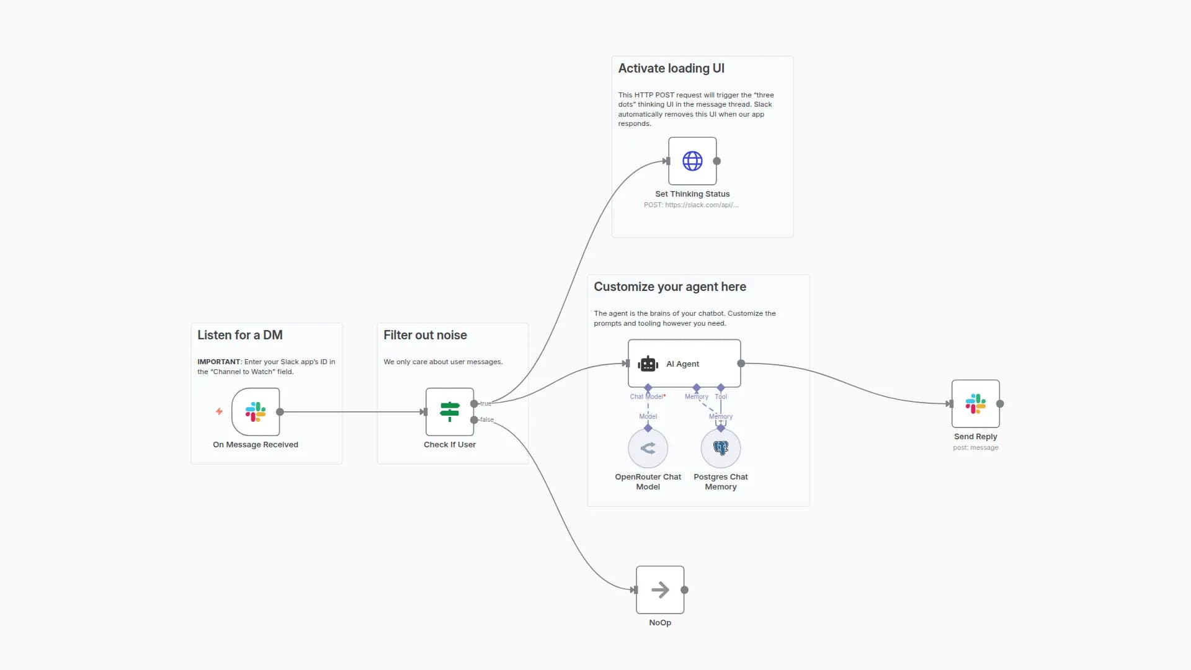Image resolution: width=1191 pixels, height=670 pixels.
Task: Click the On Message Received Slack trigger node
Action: click(256, 412)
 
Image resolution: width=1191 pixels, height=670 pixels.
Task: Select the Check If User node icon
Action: click(450, 412)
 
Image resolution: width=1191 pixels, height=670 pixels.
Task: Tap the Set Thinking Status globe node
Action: click(692, 161)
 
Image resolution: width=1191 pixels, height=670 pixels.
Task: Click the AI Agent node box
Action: click(684, 364)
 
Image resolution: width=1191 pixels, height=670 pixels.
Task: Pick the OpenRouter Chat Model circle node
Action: click(648, 448)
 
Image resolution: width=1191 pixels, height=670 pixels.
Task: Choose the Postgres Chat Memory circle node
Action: click(720, 448)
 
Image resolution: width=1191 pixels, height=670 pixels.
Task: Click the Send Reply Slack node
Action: click(975, 404)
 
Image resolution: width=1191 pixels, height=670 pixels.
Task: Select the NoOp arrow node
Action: click(660, 590)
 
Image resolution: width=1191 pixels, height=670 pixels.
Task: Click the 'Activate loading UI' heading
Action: click(671, 68)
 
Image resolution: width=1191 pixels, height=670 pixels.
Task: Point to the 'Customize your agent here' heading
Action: click(670, 287)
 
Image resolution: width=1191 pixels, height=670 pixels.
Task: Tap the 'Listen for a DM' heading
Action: click(240, 335)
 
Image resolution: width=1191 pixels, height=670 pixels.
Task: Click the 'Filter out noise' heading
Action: click(425, 335)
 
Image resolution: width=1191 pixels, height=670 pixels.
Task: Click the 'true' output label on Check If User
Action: click(486, 403)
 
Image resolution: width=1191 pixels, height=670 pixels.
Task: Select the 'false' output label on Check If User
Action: click(487, 420)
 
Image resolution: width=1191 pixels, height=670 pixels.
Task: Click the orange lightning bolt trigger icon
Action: click(219, 411)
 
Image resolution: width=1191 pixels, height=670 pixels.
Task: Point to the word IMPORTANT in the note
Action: click(218, 362)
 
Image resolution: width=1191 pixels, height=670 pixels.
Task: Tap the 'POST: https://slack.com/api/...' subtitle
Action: click(691, 205)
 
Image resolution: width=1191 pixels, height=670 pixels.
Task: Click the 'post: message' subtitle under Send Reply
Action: click(975, 447)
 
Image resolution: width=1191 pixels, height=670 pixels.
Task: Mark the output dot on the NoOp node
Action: click(684, 590)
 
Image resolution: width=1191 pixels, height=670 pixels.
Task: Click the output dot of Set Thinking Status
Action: click(716, 161)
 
